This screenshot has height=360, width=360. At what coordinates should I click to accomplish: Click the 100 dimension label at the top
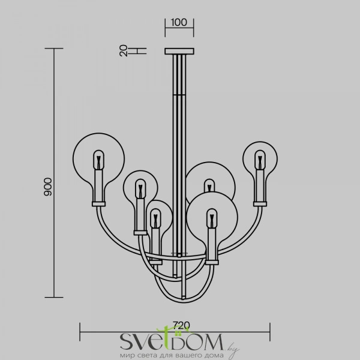click(x=179, y=23)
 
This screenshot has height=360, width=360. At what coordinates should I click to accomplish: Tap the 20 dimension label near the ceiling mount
click(x=124, y=50)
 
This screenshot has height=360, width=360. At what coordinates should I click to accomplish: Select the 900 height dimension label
click(x=48, y=187)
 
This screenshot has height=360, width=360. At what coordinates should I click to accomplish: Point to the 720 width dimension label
click(x=181, y=325)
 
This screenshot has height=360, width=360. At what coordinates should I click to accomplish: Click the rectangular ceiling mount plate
click(x=179, y=51)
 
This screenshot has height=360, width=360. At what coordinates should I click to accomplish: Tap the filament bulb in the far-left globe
click(x=99, y=160)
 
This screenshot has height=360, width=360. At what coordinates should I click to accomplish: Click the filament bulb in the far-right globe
click(x=260, y=160)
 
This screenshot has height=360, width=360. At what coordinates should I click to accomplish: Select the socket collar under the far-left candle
click(x=99, y=204)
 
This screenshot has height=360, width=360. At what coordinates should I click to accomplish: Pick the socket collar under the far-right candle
click(x=260, y=204)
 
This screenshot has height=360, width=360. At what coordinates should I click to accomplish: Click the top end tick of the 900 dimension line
click(x=54, y=49)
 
